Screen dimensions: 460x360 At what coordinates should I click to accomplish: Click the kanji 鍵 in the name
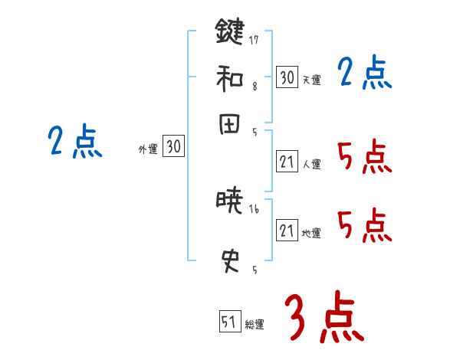point(228,33)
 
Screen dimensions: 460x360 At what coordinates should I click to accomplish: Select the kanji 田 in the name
point(228,126)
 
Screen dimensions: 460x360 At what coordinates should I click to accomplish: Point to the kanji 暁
point(228,202)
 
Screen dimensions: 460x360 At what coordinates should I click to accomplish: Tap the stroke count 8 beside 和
point(254,87)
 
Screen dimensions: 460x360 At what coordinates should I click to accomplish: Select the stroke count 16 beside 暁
point(254,209)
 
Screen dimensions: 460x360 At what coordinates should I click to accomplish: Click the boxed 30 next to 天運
point(287,77)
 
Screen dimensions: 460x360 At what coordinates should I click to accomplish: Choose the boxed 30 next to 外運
point(173,147)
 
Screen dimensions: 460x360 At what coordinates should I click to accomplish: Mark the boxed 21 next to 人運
point(287,161)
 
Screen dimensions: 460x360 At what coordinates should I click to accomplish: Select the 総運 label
point(255,324)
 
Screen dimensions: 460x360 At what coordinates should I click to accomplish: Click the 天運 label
point(311,80)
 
